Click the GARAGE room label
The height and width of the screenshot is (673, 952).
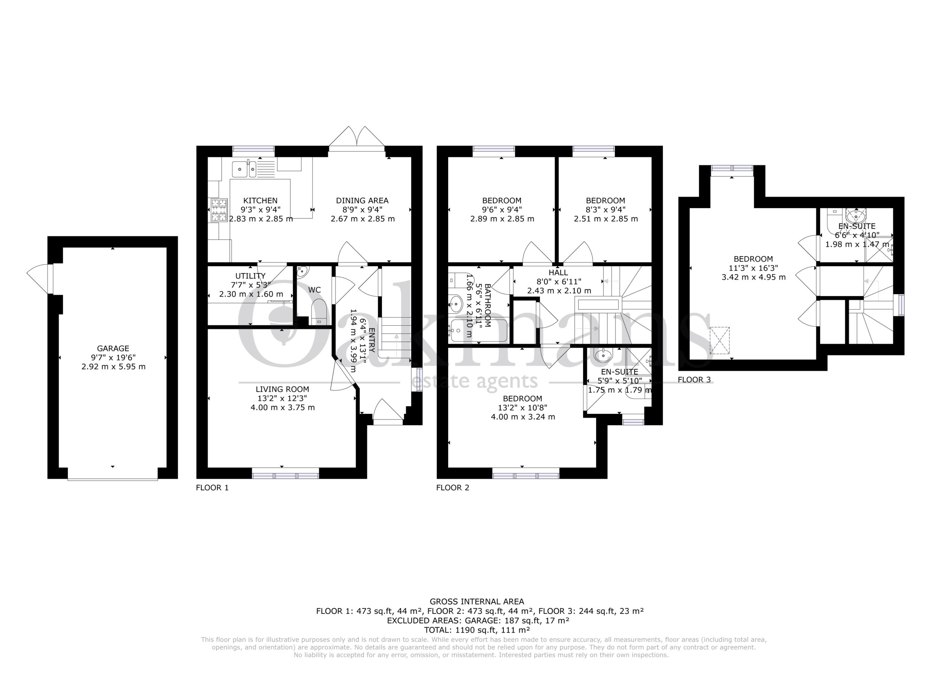(113, 348)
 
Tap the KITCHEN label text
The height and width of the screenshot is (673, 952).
(260, 200)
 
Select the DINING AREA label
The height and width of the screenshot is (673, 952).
(362, 200)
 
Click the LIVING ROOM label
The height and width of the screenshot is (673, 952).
(282, 389)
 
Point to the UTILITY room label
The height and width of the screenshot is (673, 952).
(250, 276)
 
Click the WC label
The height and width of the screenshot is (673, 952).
(315, 290)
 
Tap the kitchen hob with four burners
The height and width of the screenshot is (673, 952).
(219, 210)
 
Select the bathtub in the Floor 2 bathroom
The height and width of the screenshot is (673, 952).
(478, 331)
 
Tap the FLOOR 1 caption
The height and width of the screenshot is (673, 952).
(212, 487)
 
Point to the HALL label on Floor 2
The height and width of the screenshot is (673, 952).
(558, 273)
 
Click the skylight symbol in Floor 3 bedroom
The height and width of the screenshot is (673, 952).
(720, 341)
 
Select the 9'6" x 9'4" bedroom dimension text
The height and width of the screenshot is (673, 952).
(502, 209)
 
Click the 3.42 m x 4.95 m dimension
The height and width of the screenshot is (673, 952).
(753, 277)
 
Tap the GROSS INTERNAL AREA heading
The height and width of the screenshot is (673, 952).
(477, 601)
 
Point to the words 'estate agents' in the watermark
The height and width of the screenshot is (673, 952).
(476, 381)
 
